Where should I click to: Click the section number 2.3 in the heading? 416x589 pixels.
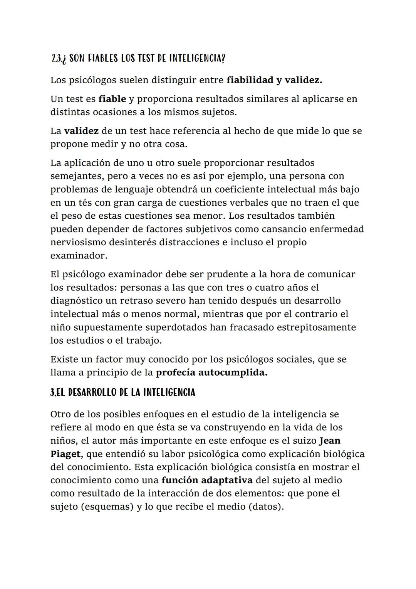tap(56, 59)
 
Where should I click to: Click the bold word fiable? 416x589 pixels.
tap(112, 99)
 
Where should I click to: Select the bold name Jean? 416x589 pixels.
tap(330, 440)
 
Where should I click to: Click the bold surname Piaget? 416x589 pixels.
tap(65, 454)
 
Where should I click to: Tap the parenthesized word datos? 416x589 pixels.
tap(266, 506)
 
